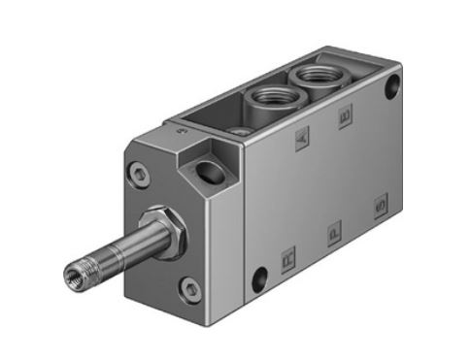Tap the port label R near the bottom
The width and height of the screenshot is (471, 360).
coord(286,258)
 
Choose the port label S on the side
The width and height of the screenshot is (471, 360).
coord(379,207)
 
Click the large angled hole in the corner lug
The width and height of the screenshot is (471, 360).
coord(208,176)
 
